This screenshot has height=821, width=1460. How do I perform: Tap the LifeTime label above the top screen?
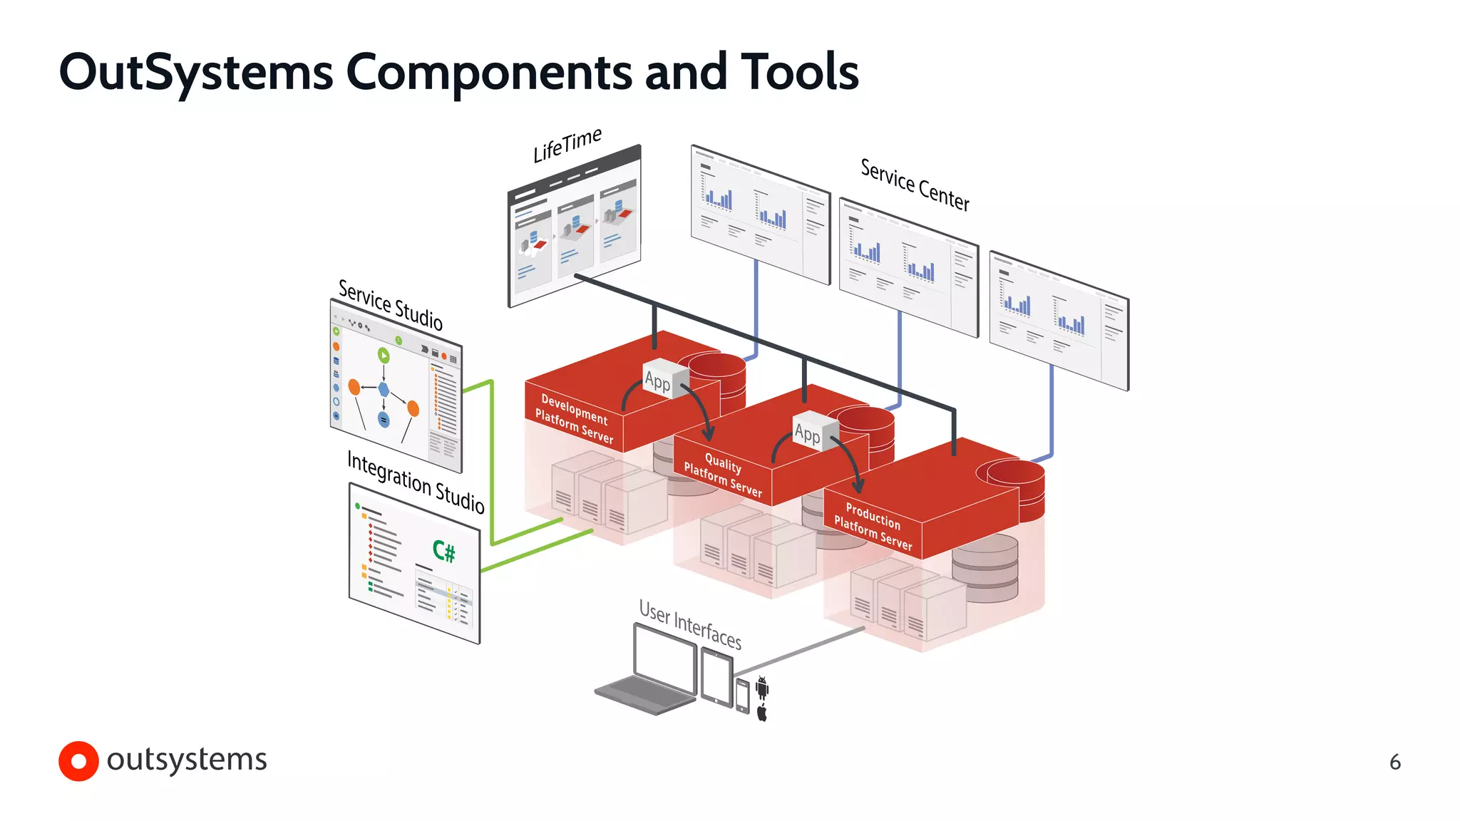(567, 145)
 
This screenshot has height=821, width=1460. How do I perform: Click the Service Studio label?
(390, 305)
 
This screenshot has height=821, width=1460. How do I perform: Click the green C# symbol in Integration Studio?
(443, 551)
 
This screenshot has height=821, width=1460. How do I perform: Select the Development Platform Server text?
(575, 419)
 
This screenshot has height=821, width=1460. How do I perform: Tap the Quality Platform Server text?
(723, 475)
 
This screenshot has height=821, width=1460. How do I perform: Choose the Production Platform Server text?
(873, 526)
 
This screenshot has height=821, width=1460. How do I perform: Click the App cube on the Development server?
(664, 378)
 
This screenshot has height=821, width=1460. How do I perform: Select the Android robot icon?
(762, 687)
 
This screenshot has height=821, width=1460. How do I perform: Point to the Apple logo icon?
(762, 713)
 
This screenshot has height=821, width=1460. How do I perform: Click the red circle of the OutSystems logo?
(78, 761)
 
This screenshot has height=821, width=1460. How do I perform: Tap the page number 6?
(1395, 763)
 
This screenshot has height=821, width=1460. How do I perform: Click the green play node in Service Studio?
(384, 355)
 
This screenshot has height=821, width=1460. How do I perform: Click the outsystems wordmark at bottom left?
(187, 760)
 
